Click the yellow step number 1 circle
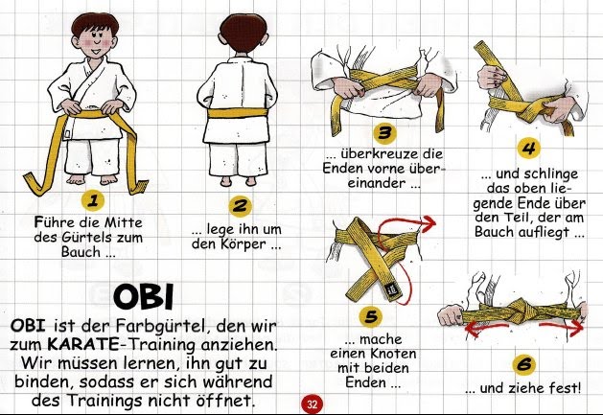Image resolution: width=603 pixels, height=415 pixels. click(93, 200)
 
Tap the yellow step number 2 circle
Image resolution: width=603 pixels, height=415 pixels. click(240, 206)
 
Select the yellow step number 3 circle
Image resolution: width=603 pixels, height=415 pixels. click(384, 132)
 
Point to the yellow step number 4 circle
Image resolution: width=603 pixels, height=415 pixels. click(529, 148)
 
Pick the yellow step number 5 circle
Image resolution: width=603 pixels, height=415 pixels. click(371, 316)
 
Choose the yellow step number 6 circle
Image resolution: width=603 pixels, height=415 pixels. click(524, 364)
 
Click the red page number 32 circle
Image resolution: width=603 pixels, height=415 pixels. click(312, 403)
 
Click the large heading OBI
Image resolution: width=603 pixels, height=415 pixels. click(144, 297)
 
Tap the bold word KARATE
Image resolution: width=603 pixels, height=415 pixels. click(82, 344)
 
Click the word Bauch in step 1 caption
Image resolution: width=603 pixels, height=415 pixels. click(81, 252)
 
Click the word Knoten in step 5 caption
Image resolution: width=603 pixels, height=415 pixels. click(394, 354)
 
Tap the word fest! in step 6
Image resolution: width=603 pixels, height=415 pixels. click(565, 388)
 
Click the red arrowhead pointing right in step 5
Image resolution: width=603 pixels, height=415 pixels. click(429, 222)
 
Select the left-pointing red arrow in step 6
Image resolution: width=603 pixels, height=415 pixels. click(487, 329)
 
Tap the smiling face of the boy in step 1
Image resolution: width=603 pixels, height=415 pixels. click(95, 41)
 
